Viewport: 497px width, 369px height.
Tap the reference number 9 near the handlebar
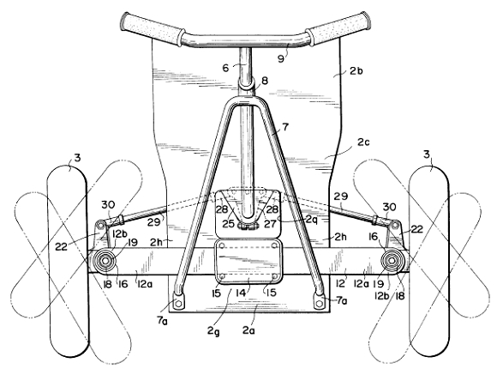click(x=281, y=58)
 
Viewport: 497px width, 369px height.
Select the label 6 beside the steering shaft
click(x=225, y=68)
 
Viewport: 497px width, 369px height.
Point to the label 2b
click(x=356, y=70)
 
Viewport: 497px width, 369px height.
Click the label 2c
click(x=363, y=142)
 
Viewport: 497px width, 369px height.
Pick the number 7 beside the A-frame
click(x=285, y=127)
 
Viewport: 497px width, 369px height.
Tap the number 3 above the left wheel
click(x=77, y=158)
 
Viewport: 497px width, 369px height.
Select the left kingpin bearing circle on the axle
click(x=105, y=261)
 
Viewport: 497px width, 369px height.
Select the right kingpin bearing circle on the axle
click(x=392, y=261)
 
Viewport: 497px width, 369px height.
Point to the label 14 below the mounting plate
click(x=241, y=293)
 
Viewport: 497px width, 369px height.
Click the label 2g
click(x=213, y=331)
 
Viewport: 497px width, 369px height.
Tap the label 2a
click(x=248, y=330)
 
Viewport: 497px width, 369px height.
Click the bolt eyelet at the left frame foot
click(x=178, y=304)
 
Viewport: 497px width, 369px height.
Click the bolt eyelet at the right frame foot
click(x=320, y=304)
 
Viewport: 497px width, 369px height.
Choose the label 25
click(x=228, y=224)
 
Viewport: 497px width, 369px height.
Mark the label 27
click(x=270, y=224)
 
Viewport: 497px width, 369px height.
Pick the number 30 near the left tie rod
click(x=108, y=205)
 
